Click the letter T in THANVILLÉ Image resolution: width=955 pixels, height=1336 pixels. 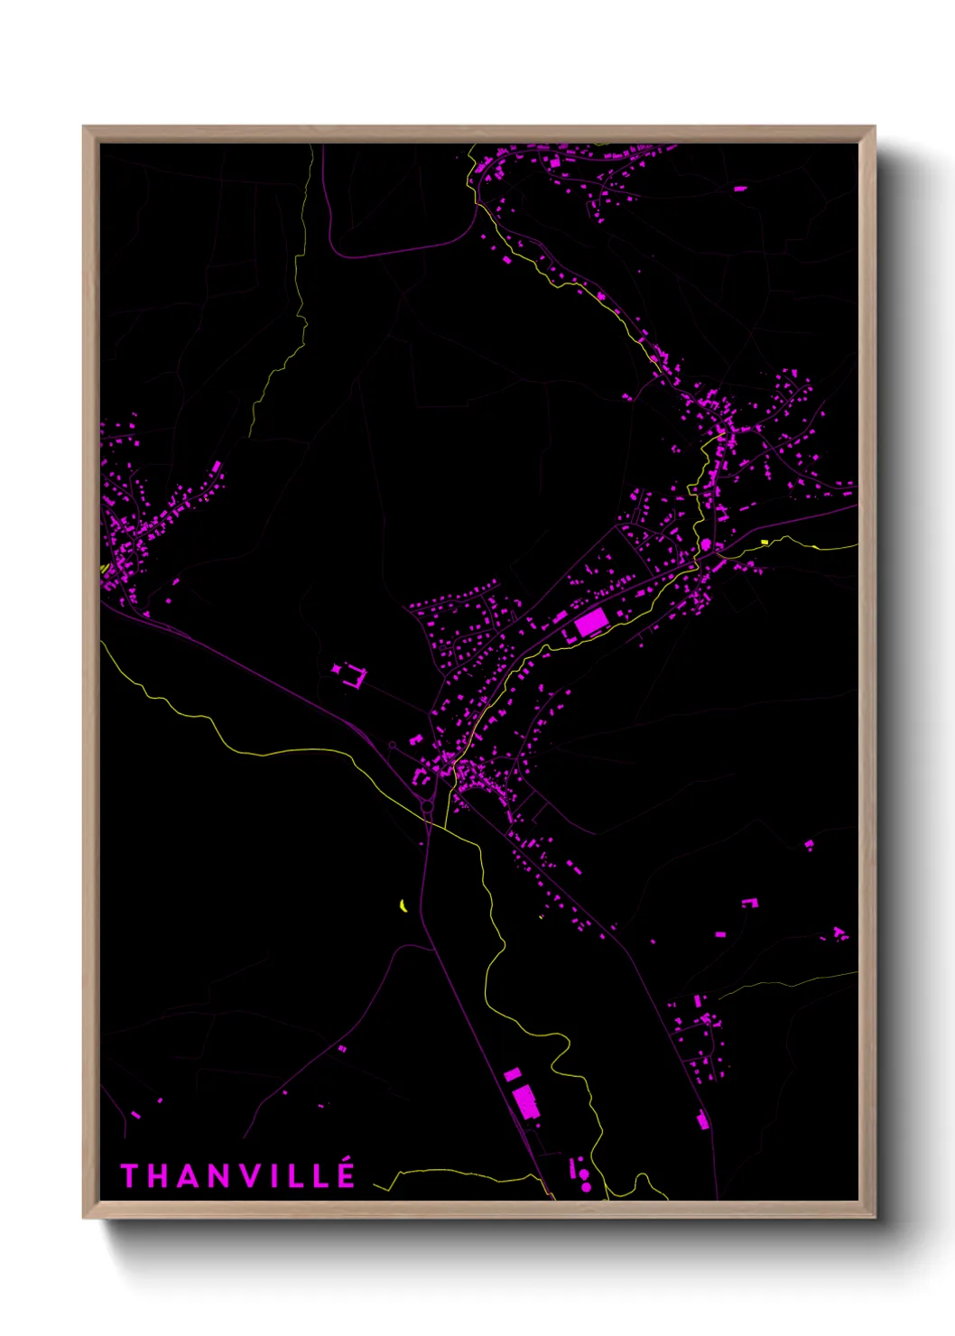coord(129,1175)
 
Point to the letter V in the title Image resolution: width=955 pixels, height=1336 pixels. coord(244,1175)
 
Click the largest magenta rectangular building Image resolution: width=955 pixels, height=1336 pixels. coord(591,622)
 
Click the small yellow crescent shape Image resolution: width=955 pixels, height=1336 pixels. coord(403,905)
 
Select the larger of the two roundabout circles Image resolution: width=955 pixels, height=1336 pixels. coord(426,805)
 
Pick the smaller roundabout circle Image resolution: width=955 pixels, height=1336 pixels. coord(392,746)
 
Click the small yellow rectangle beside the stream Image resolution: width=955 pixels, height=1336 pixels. coord(765,542)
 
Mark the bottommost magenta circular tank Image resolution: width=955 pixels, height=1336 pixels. coord(586,1186)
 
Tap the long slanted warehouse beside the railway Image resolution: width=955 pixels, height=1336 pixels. coord(525,1103)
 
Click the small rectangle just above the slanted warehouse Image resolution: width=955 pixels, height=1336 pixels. coord(512,1074)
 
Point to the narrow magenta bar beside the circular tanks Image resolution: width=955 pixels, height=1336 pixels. coord(572,1169)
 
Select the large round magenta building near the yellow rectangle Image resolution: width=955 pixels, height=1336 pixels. coord(706,544)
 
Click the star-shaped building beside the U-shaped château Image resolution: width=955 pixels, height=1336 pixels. coord(337,669)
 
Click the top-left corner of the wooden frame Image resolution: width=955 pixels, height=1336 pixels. coord(84,127)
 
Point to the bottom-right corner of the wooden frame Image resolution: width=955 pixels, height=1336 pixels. coord(874,1217)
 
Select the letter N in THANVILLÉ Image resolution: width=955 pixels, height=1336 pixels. coord(214,1175)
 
